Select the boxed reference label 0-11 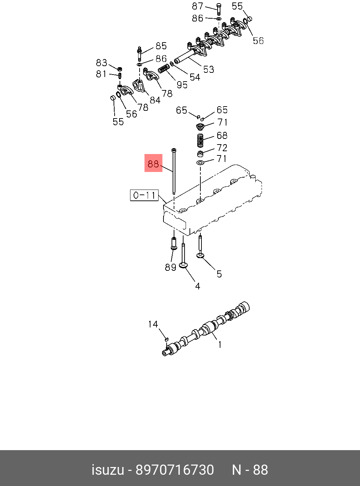tap(144, 195)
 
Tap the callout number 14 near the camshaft tap(153, 324)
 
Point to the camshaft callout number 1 tap(220, 345)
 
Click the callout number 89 tap(171, 267)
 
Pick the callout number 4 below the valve tap(198, 287)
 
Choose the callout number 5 tap(219, 274)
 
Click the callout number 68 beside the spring tap(222, 135)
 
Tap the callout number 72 tap(222, 148)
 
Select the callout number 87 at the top tap(198, 6)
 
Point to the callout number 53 tap(208, 69)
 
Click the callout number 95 tap(182, 85)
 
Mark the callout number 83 tap(102, 63)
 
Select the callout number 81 tap(101, 74)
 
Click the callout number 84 tap(155, 100)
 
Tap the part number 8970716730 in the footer tap(175, 470)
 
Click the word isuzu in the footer tap(108, 470)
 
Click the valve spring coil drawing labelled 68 tap(200, 140)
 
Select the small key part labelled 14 tap(167, 339)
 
